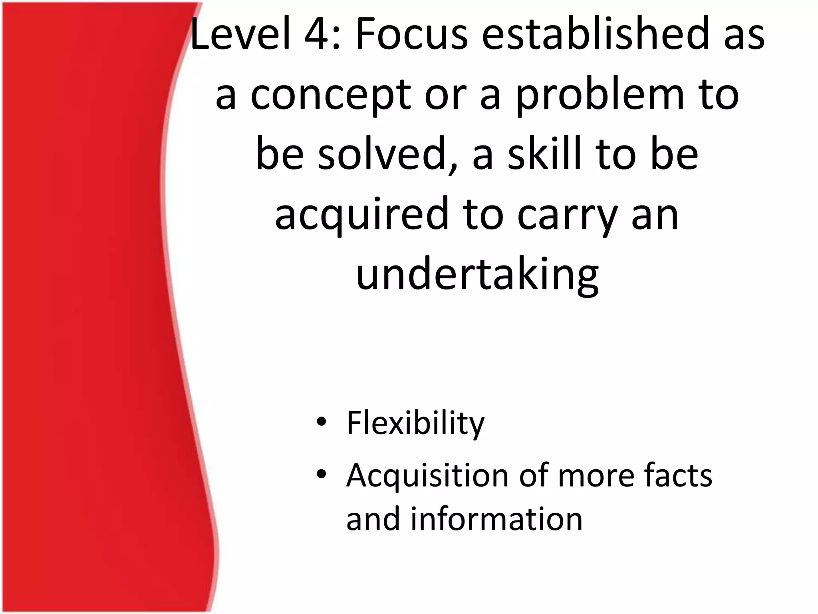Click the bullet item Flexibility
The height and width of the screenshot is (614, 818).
[415, 423]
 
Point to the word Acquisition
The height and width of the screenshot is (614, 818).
[427, 476]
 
